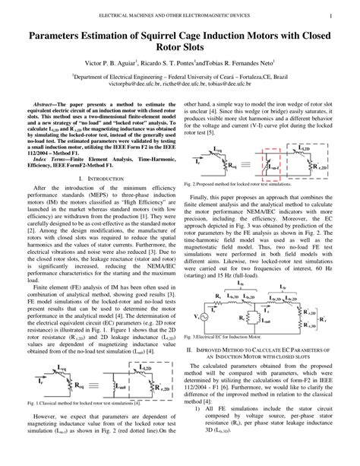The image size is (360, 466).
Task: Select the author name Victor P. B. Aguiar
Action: pos(113,63)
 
